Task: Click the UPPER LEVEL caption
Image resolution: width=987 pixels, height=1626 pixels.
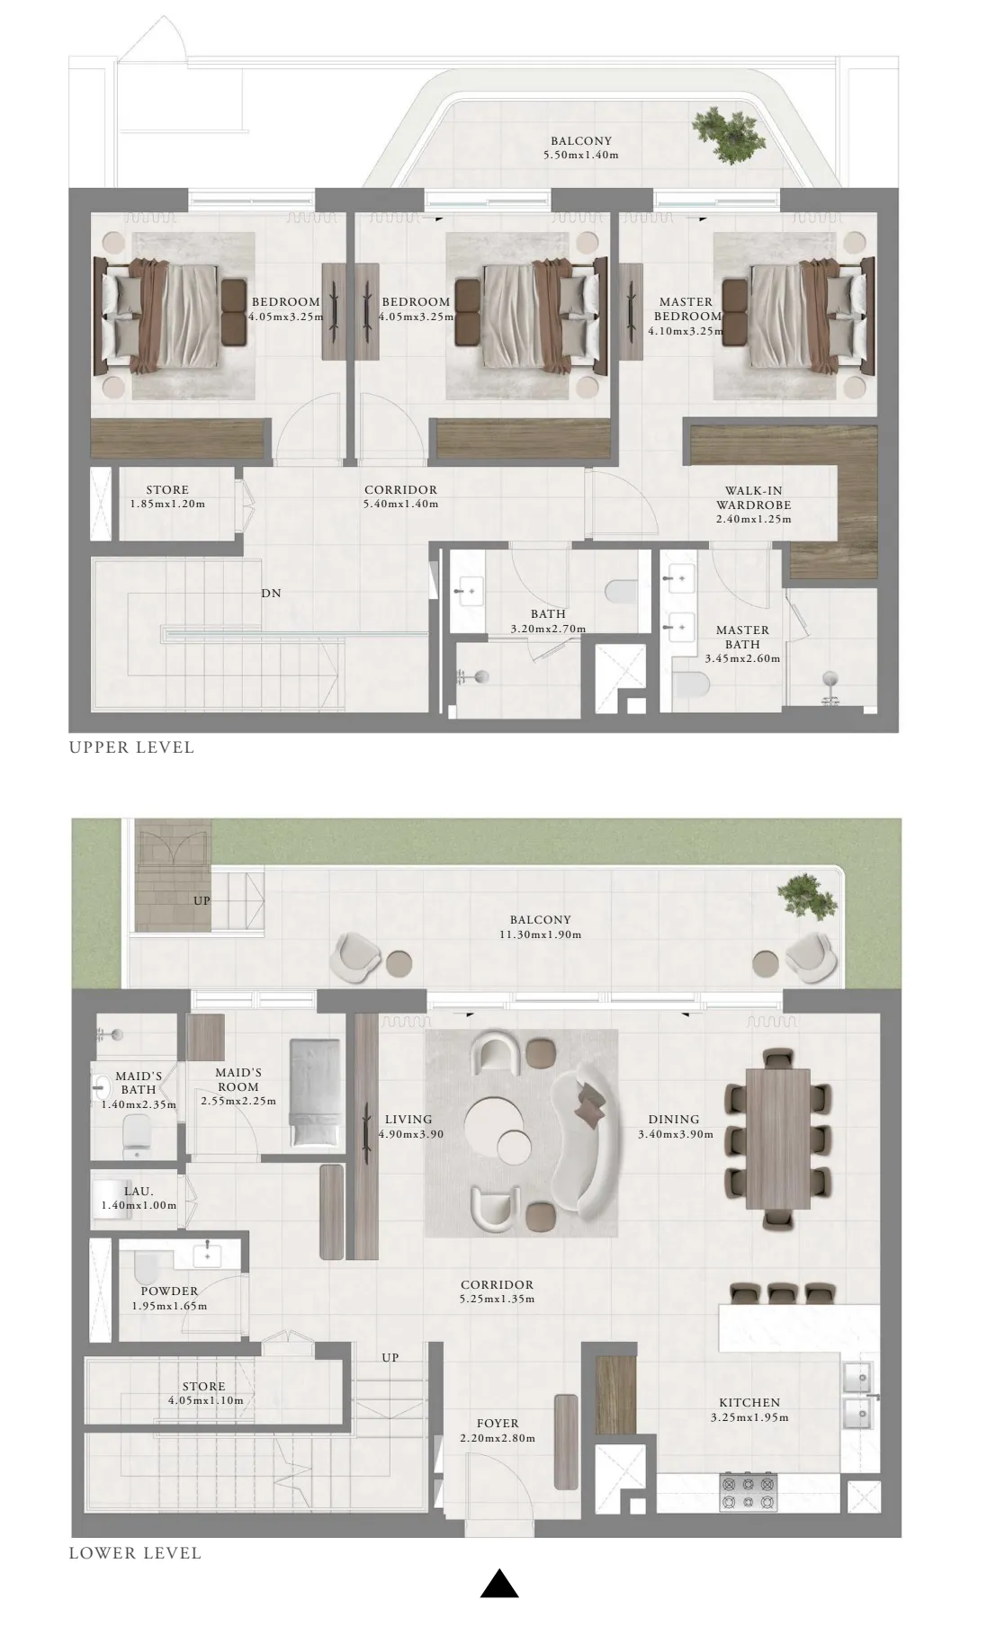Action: tap(131, 747)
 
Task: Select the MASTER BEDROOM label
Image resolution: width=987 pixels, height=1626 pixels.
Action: tap(686, 308)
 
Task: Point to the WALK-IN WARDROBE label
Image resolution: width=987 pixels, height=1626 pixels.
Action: tap(754, 497)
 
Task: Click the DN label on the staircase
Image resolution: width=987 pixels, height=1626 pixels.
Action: tap(271, 594)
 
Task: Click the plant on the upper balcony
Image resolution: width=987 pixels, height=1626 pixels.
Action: tap(729, 136)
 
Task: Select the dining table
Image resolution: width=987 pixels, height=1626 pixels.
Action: tap(777, 1139)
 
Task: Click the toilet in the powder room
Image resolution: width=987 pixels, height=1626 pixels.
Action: tap(145, 1270)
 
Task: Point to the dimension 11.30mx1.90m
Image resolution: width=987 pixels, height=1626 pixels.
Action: tap(541, 934)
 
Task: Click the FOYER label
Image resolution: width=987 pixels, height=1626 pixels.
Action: tap(498, 1424)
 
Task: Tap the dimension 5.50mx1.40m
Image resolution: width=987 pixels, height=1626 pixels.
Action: tap(581, 155)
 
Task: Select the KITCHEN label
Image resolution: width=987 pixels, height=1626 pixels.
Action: tap(749, 1402)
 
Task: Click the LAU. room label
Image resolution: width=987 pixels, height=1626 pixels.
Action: tap(139, 1191)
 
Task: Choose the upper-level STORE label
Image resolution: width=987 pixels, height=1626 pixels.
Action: tap(167, 490)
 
